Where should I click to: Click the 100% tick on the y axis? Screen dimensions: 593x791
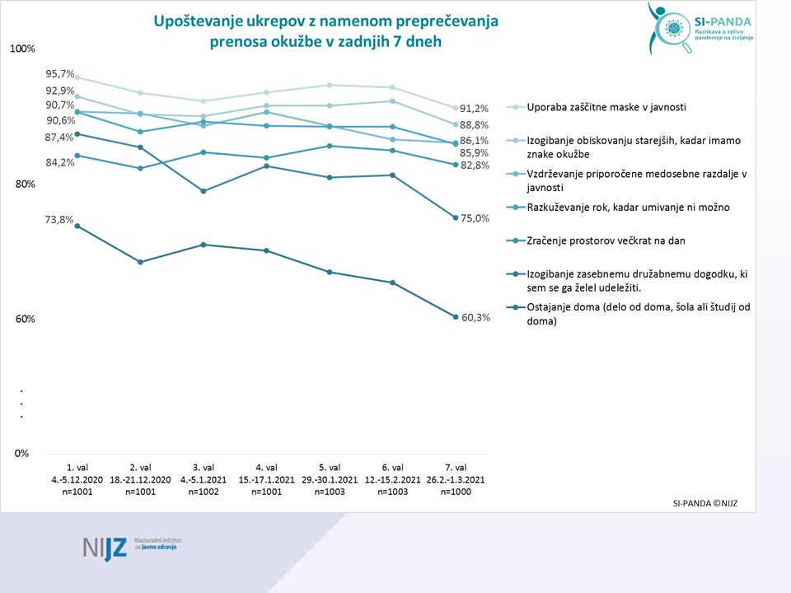click(x=22, y=49)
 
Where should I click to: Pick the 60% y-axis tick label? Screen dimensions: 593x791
click(x=25, y=320)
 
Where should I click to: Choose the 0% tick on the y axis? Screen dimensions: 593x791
click(x=22, y=454)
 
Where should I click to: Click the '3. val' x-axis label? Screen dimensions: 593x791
click(x=203, y=468)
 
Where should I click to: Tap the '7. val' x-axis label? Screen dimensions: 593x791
click(x=456, y=468)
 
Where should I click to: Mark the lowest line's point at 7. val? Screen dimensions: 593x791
click(x=456, y=317)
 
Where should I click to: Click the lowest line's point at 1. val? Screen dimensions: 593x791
click(x=77, y=226)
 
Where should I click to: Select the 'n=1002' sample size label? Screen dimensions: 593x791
click(x=203, y=492)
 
